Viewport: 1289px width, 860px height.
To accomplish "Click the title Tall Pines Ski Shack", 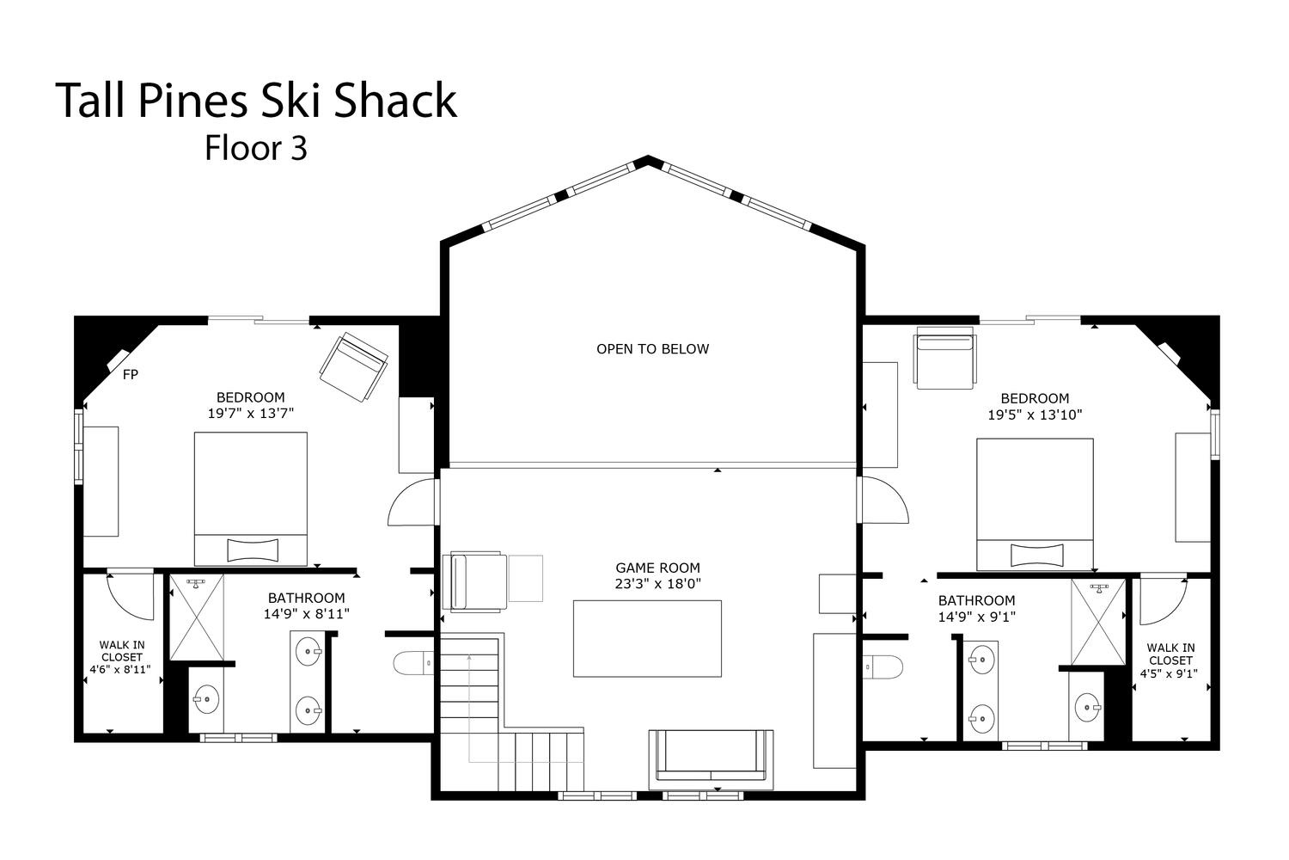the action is [x=256, y=101].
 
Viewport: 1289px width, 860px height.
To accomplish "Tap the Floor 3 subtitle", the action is [x=256, y=148].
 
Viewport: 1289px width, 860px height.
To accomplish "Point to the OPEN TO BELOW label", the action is [x=652, y=348].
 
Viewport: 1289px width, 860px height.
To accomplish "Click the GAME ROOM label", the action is [x=657, y=568].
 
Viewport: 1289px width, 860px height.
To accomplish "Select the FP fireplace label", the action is [x=131, y=374].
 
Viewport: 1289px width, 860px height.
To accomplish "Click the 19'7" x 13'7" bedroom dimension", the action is [x=251, y=413].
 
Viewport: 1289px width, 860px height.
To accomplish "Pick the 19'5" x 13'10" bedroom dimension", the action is [x=1035, y=415].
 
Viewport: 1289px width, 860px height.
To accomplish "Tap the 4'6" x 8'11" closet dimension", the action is [x=120, y=669].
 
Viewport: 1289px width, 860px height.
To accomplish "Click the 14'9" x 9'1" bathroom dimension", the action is [x=976, y=617].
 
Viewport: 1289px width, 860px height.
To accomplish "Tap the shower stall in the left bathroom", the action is [x=197, y=617].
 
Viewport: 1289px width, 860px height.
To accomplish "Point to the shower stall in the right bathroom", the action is [x=1098, y=622].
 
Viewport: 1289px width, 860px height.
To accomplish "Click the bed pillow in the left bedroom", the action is [x=253, y=550].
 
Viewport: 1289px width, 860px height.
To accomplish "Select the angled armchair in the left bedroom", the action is [x=353, y=367].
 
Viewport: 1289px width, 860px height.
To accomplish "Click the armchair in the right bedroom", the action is [x=945, y=358].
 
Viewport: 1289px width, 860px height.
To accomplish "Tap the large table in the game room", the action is [x=647, y=638].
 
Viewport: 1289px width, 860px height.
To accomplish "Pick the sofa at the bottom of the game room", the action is [x=712, y=759].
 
